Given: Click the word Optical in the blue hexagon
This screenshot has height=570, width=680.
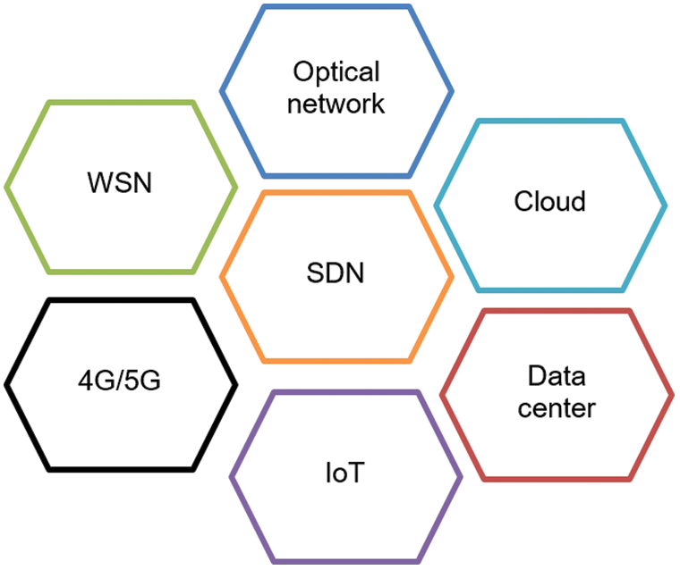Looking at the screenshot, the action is pos(336,71).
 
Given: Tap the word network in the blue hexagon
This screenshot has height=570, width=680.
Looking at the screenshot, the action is pos(336,104).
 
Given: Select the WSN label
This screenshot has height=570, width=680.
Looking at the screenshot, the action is pos(120,182).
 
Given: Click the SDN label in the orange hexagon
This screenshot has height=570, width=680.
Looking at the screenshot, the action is pos(336,272).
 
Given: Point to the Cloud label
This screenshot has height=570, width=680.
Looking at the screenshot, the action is pos(550,201).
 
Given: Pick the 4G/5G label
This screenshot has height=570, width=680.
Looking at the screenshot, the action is pos(119,381).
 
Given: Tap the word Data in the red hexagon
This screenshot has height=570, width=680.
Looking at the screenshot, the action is pos(557,375).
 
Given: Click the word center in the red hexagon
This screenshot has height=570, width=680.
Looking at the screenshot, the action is pos(557,407).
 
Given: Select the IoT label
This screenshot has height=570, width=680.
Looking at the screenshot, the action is pos(344,472).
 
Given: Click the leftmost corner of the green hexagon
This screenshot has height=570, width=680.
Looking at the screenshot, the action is pos(6,187).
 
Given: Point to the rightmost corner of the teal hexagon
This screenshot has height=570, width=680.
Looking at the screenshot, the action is pos(666,205).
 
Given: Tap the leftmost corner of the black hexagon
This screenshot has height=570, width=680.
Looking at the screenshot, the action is pos(6,385).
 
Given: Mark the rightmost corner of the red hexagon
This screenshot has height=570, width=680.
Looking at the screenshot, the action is pos(672,395).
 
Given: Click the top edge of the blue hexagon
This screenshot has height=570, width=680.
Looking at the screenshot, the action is pos(336,7).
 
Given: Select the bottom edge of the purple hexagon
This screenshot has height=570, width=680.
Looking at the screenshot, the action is pos(346,562).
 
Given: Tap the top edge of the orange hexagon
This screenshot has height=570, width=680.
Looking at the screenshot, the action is pos(336,192).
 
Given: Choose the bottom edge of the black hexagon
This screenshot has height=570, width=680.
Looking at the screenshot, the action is pos(121,470).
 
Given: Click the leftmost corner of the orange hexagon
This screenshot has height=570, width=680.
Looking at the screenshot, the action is pos(222,276).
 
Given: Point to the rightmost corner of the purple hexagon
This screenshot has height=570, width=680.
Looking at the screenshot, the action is pos(461,477).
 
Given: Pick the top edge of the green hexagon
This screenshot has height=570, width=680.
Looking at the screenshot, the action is pos(121,103).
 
